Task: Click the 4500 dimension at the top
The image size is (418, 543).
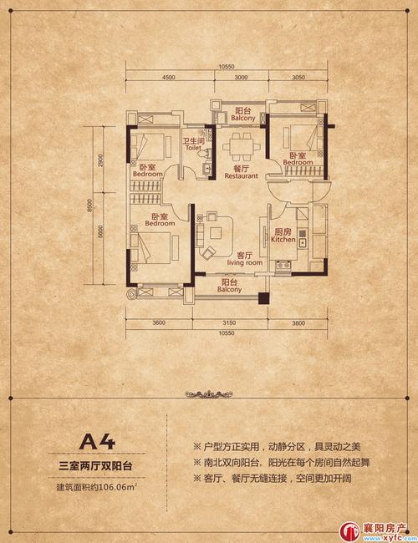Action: point(168,78)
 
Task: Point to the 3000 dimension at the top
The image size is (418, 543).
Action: point(242,78)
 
